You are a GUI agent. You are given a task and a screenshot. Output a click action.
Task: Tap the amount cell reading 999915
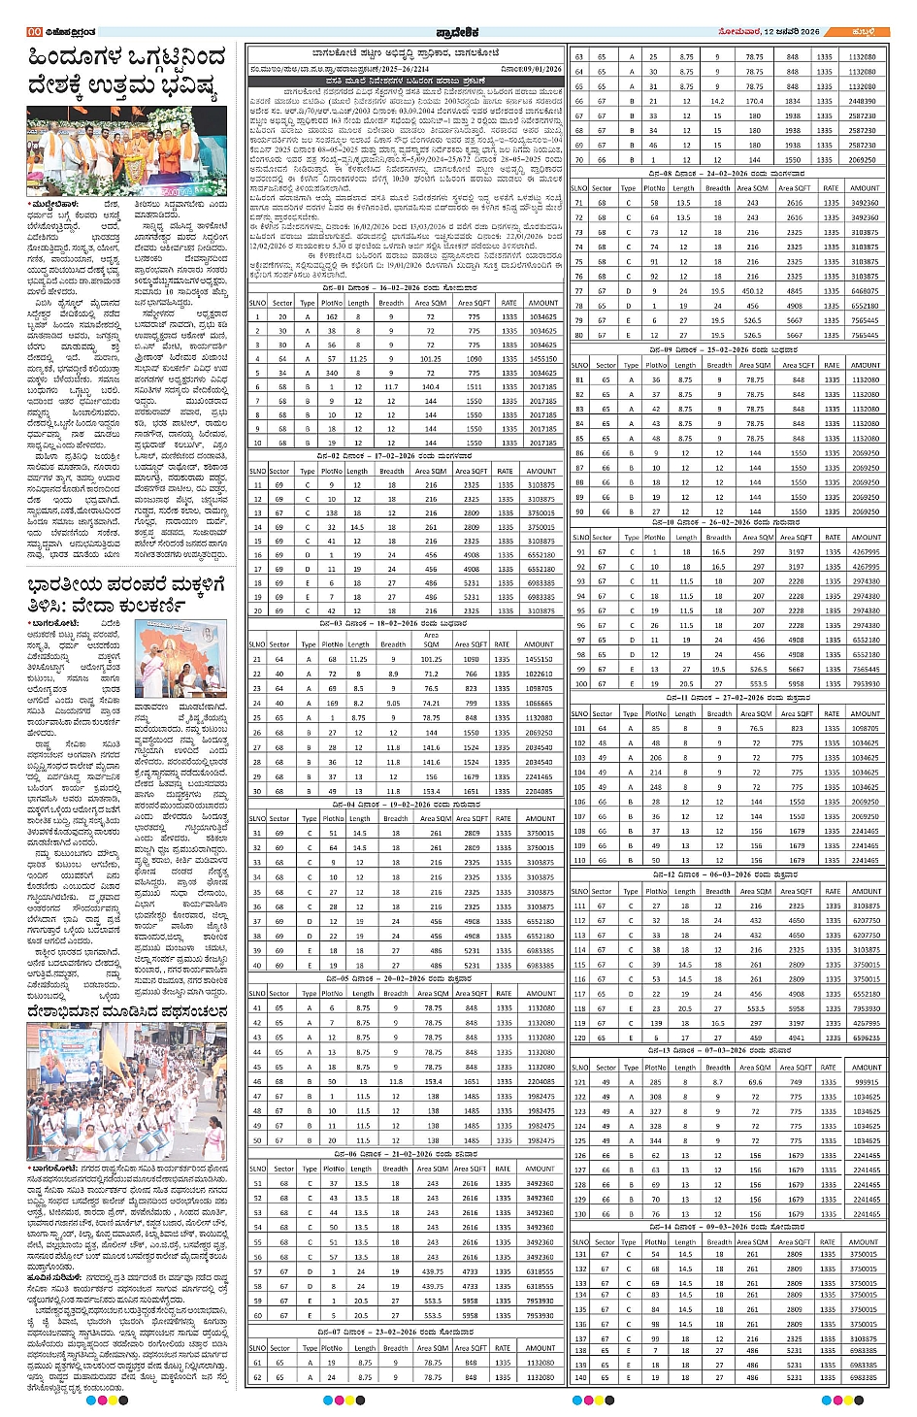(x=866, y=1082)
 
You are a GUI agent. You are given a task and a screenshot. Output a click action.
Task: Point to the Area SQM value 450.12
(x=753, y=291)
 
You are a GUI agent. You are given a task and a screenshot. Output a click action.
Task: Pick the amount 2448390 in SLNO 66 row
(x=862, y=101)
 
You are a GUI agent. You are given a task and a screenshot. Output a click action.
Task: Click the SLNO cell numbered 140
(x=580, y=1378)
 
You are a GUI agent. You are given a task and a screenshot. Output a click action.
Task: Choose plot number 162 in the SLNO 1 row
(x=332, y=316)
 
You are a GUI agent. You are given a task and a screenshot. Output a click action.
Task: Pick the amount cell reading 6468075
(x=865, y=291)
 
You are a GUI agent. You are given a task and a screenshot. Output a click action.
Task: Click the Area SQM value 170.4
(x=754, y=101)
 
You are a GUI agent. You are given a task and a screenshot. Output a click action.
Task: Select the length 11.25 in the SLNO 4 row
(x=358, y=359)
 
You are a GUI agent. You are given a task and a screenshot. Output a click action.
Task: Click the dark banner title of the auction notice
(x=406, y=81)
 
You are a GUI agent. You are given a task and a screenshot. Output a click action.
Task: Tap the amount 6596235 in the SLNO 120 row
(x=866, y=1038)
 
